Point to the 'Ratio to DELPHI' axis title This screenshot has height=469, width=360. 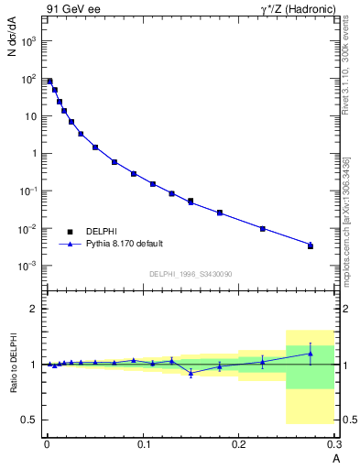pyautogui.click(x=12, y=362)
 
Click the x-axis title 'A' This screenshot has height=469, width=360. pyautogui.click(x=335, y=457)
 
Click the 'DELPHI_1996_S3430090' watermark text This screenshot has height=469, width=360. pyautogui.click(x=191, y=274)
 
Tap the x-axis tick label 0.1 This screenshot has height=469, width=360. pyautogui.click(x=143, y=444)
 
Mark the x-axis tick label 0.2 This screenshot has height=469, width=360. pyautogui.click(x=239, y=444)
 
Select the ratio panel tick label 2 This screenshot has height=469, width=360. pyautogui.click(x=32, y=309)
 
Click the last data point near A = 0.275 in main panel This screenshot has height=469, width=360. pyautogui.click(x=311, y=245)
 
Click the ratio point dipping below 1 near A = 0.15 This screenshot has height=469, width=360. pyautogui.click(x=191, y=373)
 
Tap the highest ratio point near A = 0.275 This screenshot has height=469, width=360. pyautogui.click(x=311, y=354)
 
